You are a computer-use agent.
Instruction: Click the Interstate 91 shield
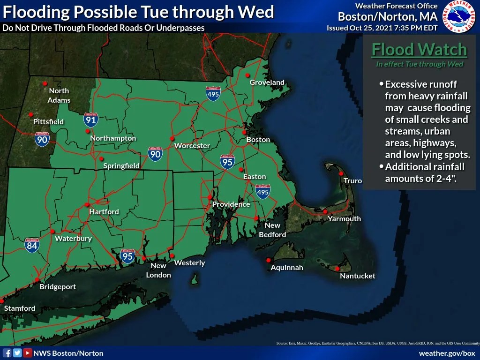pyautogui.click(x=91, y=120)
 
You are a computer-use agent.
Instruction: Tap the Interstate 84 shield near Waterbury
pyautogui.click(x=32, y=245)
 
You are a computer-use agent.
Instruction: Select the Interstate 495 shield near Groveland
pyautogui.click(x=213, y=93)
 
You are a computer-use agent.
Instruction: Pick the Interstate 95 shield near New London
pyautogui.click(x=127, y=256)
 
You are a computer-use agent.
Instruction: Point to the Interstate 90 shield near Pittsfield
pyautogui.click(x=42, y=139)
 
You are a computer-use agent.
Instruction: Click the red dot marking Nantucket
pyautogui.click(x=337, y=269)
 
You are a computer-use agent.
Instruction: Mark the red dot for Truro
pyautogui.click(x=341, y=173)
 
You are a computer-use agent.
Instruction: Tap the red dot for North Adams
pyautogui.click(x=45, y=83)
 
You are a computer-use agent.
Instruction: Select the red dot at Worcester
pyautogui.click(x=172, y=138)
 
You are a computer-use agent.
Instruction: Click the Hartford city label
pyautogui.click(x=104, y=212)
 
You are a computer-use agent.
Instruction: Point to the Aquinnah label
pyautogui.click(x=287, y=268)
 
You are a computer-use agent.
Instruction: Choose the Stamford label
pyautogui.click(x=20, y=308)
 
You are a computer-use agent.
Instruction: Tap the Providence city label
pyautogui.click(x=231, y=204)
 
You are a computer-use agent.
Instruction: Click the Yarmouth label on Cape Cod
pyautogui.click(x=344, y=219)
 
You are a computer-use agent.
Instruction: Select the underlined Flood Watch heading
pyautogui.click(x=419, y=49)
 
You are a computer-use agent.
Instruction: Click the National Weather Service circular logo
pyautogui.click(x=458, y=17)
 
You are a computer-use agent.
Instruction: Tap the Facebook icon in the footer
pyautogui.click(x=7, y=353)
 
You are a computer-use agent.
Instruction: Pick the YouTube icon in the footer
pyautogui.click(x=28, y=353)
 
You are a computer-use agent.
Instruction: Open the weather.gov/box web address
pyautogui.click(x=447, y=353)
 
